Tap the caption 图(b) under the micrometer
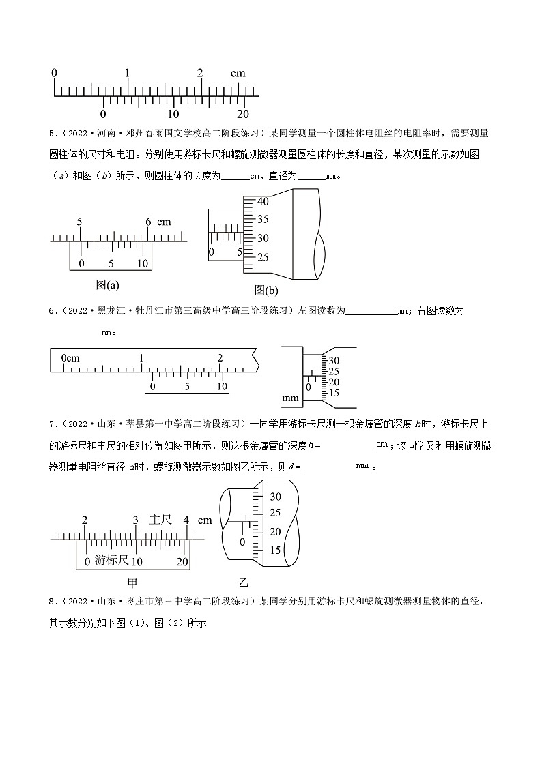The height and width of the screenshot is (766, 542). (266, 290)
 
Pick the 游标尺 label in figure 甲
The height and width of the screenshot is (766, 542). (111, 561)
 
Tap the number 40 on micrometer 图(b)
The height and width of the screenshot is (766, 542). (263, 201)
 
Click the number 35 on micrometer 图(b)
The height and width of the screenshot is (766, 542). (263, 220)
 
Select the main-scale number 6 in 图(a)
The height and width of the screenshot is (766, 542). (149, 222)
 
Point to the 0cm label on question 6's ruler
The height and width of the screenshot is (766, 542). (70, 358)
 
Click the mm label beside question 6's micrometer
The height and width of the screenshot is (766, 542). (290, 398)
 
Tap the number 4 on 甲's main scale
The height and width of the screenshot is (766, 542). (186, 520)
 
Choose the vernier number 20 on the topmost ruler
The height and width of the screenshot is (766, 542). (242, 114)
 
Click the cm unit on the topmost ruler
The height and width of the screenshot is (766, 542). (238, 73)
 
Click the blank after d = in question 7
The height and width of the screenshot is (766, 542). (328, 468)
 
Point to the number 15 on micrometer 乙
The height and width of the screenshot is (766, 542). (276, 550)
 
